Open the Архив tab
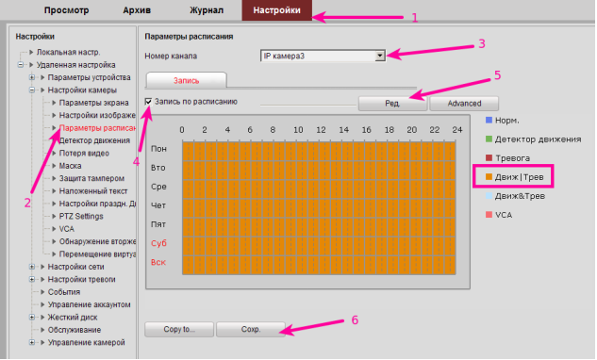[137, 10]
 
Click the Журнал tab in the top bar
[207, 10]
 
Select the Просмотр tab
[66, 10]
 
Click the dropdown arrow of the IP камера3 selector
[379, 56]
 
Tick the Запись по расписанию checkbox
[148, 102]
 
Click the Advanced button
[464, 104]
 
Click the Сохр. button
[251, 329]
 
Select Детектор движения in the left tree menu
[94, 140]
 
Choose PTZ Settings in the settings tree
[81, 216]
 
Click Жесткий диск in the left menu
[73, 318]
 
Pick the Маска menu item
[70, 166]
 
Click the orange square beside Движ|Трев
[489, 176]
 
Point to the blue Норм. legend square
[489, 121]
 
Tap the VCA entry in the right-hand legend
[504, 215]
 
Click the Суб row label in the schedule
[158, 243]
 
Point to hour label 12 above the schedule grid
[321, 130]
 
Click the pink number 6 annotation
[355, 320]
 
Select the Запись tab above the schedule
[187, 80]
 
